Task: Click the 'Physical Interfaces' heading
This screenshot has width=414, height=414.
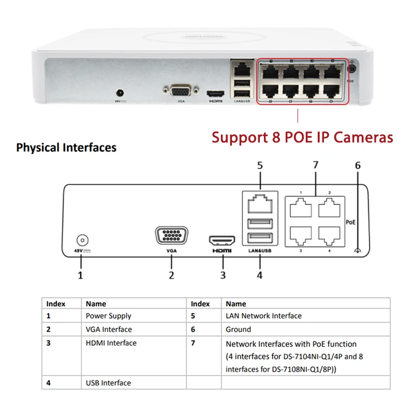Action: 66,147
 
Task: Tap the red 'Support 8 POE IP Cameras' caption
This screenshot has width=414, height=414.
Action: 302,137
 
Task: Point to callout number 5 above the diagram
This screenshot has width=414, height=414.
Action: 260,166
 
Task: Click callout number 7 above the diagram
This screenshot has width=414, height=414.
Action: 316,166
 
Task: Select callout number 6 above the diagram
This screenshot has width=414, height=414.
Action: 358,166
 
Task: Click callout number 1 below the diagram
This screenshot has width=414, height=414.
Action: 80,275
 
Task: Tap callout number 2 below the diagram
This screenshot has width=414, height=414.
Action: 171,275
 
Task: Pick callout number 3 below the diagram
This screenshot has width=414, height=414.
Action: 223,275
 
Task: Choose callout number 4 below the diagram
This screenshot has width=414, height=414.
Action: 259,275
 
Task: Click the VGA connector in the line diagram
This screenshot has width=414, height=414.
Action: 171,236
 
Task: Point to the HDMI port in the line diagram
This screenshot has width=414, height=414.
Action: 222,241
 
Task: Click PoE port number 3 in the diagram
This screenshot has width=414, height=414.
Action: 300,235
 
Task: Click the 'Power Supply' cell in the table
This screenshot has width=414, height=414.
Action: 108,316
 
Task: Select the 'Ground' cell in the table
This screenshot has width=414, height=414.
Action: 238,329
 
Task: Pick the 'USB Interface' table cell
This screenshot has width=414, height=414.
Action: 108,383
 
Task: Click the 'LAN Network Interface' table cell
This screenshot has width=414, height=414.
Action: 263,316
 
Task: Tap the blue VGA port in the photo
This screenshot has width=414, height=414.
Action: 180,91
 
